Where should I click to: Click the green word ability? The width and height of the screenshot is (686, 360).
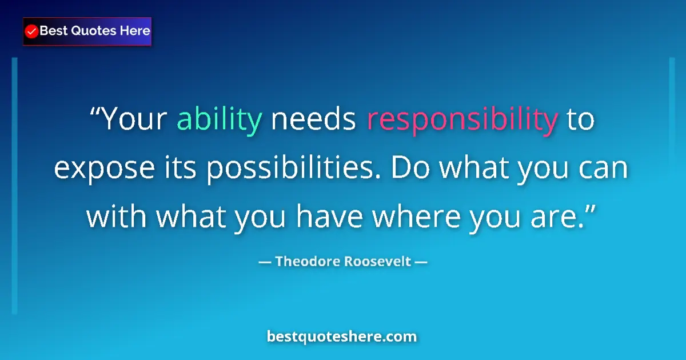(220, 119)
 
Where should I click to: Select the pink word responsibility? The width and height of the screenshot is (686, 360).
(462, 119)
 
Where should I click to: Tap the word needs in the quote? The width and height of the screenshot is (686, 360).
(314, 119)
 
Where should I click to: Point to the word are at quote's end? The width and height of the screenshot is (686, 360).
(561, 217)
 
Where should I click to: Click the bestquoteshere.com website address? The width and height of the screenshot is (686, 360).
(342, 337)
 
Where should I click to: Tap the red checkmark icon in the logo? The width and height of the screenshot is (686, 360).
(32, 31)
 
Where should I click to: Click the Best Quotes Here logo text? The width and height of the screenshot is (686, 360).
(94, 31)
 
